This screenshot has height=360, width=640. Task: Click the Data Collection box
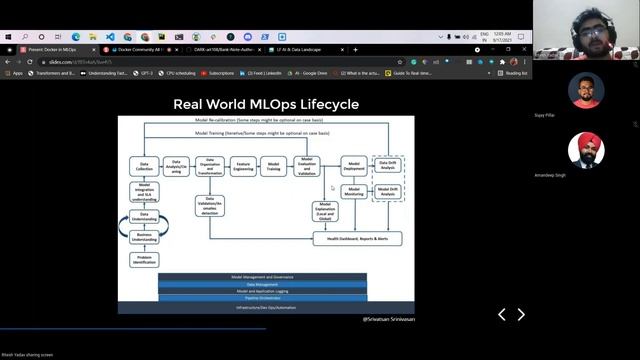144,167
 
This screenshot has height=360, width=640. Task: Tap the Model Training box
273,167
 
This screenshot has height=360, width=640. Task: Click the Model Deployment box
354,166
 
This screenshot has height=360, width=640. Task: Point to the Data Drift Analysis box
388,165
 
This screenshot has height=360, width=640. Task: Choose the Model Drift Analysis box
388,191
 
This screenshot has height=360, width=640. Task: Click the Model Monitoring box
354,191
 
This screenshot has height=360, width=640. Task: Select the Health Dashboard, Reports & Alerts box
357,239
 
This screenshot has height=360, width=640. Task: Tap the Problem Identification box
144,260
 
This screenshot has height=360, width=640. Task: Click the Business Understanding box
144,238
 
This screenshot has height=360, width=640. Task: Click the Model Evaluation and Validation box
306,167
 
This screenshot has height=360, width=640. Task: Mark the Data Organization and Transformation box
209,167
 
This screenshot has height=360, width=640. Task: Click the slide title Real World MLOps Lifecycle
266,104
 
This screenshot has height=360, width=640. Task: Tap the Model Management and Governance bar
262,276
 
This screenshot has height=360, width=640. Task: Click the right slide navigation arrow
521,315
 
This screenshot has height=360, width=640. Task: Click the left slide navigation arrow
502,315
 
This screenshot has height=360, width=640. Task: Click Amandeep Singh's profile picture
586,151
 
